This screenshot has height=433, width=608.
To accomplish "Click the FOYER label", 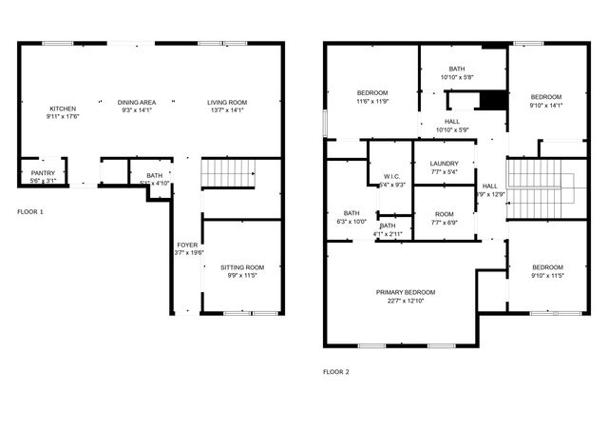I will [186, 246].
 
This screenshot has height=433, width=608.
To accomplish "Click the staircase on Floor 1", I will [228, 174].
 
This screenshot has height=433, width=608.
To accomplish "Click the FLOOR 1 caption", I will [30, 210].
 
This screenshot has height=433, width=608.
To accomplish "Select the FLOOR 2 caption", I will [335, 371].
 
